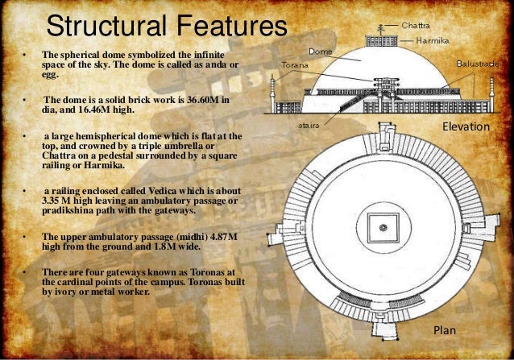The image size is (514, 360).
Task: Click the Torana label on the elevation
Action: point(292,64)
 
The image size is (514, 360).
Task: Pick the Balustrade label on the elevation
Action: point(480,62)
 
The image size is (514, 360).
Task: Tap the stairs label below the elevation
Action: point(308,126)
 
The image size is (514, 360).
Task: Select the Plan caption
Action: point(446,330)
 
